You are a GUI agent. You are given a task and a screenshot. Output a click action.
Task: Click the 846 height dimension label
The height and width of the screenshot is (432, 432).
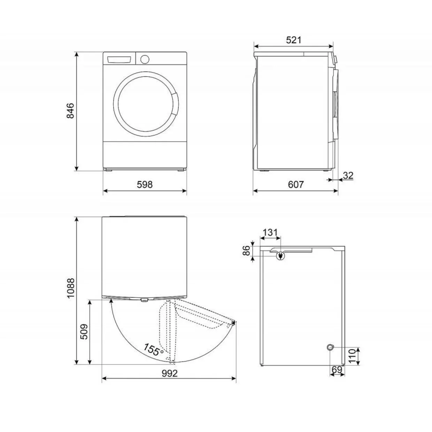(70, 111)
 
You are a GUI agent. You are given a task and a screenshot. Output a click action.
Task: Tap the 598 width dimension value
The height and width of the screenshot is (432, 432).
(145, 185)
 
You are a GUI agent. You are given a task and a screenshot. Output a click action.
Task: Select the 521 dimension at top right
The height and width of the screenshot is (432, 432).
(294, 40)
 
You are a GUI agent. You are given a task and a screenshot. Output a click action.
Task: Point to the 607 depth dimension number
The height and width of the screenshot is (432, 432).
(296, 185)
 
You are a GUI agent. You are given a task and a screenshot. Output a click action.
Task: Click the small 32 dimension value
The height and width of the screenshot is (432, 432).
(348, 175)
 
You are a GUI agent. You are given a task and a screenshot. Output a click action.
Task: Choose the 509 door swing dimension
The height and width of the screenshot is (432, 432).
(84, 331)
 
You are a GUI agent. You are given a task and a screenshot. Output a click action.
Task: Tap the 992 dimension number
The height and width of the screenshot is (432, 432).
(169, 373)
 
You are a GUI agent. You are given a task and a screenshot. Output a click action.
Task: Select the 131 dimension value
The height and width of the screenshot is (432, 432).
(270, 232)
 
